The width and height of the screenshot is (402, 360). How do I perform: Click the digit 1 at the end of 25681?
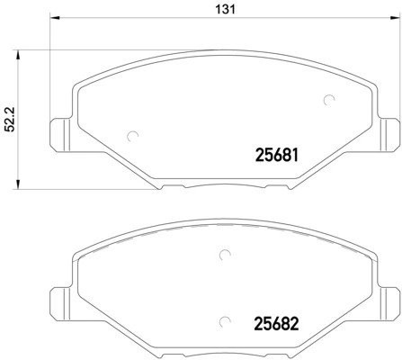pos(293,155)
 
